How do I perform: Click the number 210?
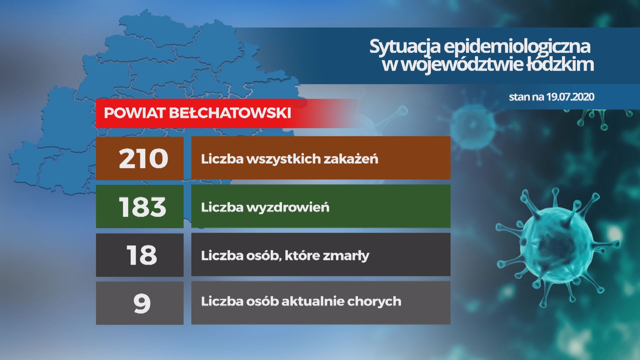143,158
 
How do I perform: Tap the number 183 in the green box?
142,207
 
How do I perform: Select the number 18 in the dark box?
142,255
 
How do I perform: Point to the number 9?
142,304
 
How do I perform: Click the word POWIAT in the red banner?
135,113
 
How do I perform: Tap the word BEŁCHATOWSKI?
230,113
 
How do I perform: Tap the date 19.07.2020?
571,97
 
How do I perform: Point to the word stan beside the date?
519,97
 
